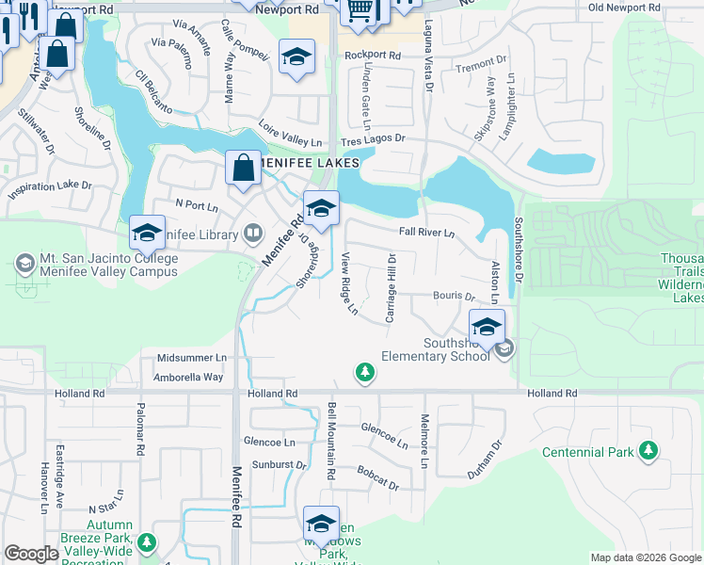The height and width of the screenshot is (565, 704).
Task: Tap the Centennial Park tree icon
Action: click(648, 452)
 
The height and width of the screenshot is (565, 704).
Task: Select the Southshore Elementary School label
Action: click(436, 349)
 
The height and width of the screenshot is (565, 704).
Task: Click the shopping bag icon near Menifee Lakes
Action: click(243, 169)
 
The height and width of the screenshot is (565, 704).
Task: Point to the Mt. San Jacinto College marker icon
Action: click(24, 259)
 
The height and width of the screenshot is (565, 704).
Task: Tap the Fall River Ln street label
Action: click(426, 233)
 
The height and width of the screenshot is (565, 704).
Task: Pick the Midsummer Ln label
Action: click(192, 358)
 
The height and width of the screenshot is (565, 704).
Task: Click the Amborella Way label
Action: click(190, 377)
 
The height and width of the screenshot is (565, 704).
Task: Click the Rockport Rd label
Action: click(373, 56)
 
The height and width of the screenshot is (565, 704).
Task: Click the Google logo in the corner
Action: click(30, 554)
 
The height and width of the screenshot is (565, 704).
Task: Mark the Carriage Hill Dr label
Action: click(391, 286)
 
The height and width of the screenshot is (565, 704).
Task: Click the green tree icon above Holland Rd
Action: click(365, 374)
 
